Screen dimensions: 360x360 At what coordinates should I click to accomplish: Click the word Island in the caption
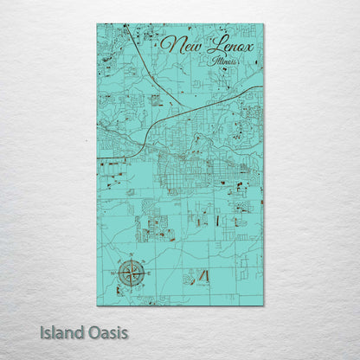coord(65,332)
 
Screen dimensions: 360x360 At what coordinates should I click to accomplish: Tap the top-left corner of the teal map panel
coord(97,24)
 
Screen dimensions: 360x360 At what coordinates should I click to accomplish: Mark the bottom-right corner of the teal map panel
coord(263,305)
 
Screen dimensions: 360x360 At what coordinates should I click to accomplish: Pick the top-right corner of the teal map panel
coord(263,24)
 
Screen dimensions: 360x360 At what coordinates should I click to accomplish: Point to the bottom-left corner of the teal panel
coord(97,305)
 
